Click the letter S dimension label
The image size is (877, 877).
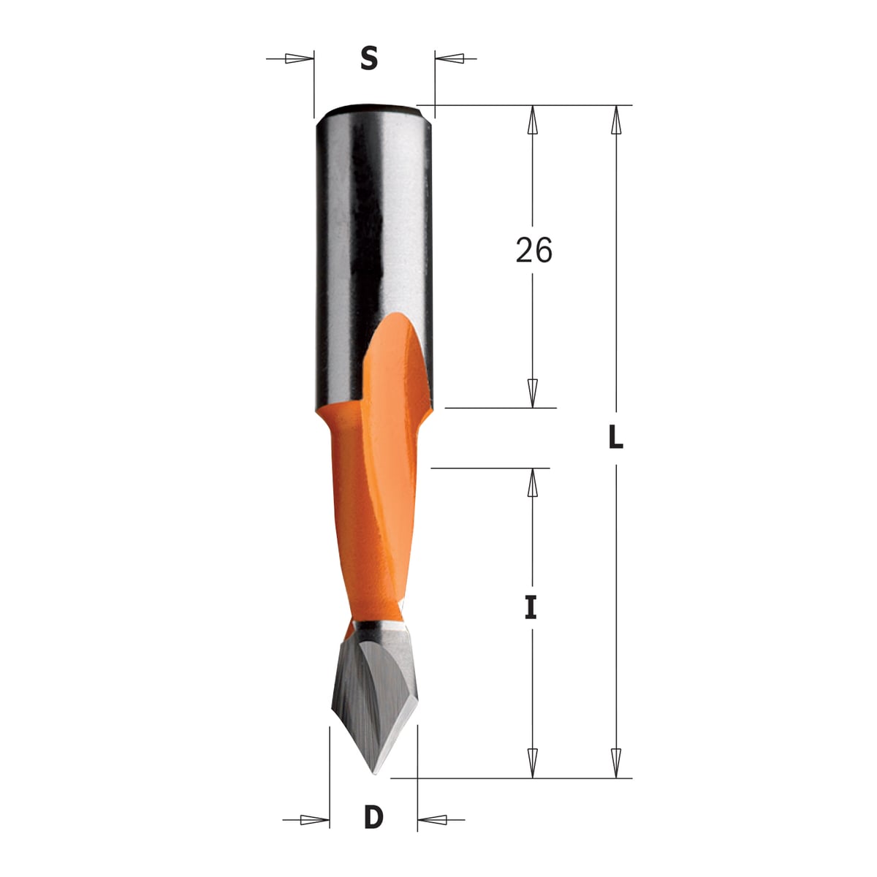coord(369,58)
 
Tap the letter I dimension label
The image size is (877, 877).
coord(531,609)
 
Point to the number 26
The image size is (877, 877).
coord(534,250)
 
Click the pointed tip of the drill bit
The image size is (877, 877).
coord(373,773)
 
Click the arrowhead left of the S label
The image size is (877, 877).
coord(299,58)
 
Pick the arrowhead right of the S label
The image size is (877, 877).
coord(449,58)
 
